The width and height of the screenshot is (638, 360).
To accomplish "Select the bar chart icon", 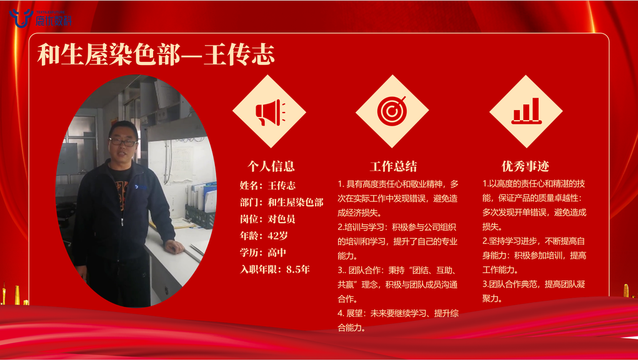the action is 526,111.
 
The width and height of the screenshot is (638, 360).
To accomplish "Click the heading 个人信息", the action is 271,166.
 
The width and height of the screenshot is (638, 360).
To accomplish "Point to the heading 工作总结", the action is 394,166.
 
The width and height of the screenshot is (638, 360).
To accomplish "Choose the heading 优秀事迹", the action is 526,166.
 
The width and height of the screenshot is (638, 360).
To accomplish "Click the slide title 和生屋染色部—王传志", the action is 156,54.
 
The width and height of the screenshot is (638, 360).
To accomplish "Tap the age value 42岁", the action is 278,236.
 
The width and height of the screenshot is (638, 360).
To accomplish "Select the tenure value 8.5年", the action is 298,269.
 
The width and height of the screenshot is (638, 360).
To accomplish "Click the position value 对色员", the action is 282,219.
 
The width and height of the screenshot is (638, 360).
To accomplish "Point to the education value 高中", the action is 277,252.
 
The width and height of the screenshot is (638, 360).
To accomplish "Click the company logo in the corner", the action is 40,18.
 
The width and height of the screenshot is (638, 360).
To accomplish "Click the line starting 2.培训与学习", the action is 397,227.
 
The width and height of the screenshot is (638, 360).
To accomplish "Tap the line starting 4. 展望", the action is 398,313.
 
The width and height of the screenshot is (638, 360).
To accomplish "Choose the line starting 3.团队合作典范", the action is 534,284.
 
